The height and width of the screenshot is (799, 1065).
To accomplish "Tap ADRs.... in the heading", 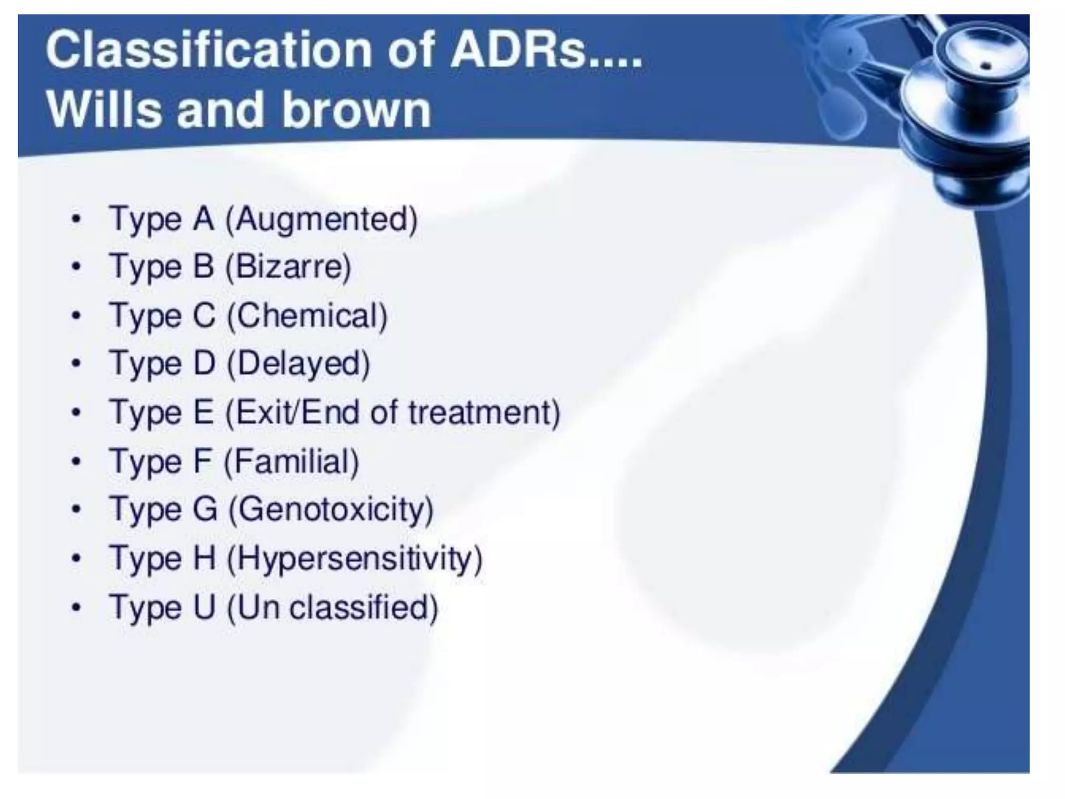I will click(x=546, y=50).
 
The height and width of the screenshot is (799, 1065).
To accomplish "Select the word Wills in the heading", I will click(x=104, y=110).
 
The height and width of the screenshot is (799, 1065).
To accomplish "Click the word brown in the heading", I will click(x=357, y=110).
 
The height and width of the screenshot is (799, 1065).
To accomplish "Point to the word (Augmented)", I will click(x=321, y=220).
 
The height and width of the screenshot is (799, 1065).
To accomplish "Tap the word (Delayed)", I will click(x=299, y=364).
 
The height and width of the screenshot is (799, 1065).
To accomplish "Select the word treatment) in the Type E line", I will click(x=484, y=413).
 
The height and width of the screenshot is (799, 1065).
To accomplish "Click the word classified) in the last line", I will click(x=364, y=608).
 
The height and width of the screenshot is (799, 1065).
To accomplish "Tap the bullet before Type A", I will click(x=76, y=219).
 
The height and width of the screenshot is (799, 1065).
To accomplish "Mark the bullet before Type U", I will click(x=76, y=607).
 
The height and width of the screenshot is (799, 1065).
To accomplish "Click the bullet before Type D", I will click(x=76, y=363).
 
